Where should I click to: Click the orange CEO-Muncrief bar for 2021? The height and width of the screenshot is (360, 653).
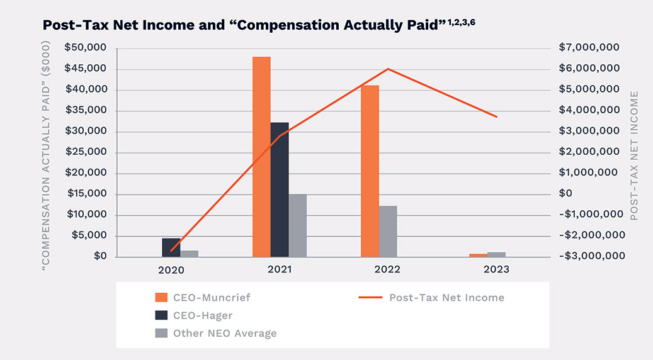[x=261, y=157]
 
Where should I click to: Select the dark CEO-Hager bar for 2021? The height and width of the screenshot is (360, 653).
[x=280, y=189]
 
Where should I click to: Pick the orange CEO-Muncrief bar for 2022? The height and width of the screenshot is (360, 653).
[x=370, y=171]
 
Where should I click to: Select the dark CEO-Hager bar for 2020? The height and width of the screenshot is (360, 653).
[x=171, y=247]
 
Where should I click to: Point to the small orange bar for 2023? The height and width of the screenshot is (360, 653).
[x=479, y=255]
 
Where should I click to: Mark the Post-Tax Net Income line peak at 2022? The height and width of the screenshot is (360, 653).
[x=388, y=69]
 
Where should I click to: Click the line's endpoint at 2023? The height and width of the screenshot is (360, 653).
[x=497, y=117]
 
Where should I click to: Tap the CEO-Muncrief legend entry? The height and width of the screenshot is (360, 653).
[x=207, y=297]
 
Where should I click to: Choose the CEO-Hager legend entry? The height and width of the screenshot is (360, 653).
[x=198, y=315]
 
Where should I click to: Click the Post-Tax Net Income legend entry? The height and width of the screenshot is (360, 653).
[x=446, y=297]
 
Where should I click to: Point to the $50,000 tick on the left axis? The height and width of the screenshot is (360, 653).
[x=85, y=48]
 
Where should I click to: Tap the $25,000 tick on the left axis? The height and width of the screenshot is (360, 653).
[x=85, y=152]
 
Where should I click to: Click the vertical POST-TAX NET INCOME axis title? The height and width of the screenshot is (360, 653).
[x=634, y=155]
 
